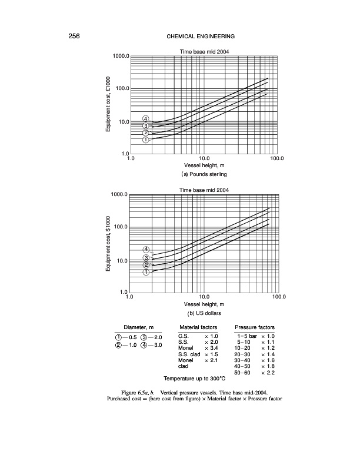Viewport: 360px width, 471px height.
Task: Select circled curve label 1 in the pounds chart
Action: [x=145, y=140]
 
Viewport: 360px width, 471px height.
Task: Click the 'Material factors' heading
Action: [x=198, y=327]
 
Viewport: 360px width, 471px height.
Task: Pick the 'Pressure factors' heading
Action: [x=255, y=327]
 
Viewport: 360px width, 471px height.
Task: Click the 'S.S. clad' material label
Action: [x=189, y=355]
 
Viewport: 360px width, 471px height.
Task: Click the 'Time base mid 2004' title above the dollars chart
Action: [x=204, y=190]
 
